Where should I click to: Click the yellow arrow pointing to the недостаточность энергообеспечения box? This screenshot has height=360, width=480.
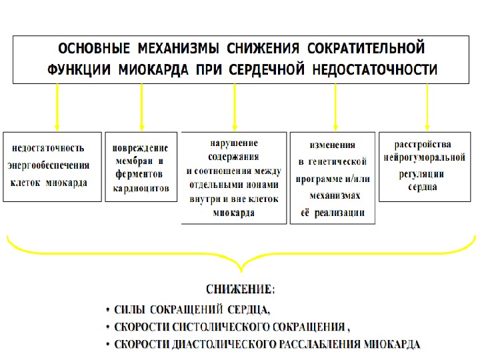(x=57, y=107)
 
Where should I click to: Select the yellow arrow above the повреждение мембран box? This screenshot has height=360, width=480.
(x=141, y=107)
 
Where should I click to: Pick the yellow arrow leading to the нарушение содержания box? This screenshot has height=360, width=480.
(x=234, y=107)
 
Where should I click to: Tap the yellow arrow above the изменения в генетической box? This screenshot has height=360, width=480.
(x=335, y=107)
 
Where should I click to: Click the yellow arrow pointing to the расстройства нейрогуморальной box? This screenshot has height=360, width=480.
(x=427, y=107)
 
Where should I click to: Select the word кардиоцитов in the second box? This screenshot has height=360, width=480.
(x=140, y=189)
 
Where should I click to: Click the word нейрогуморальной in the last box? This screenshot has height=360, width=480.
(x=424, y=157)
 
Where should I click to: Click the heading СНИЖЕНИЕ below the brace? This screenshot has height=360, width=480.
(x=239, y=289)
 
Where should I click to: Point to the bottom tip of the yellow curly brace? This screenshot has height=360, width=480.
(x=240, y=271)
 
